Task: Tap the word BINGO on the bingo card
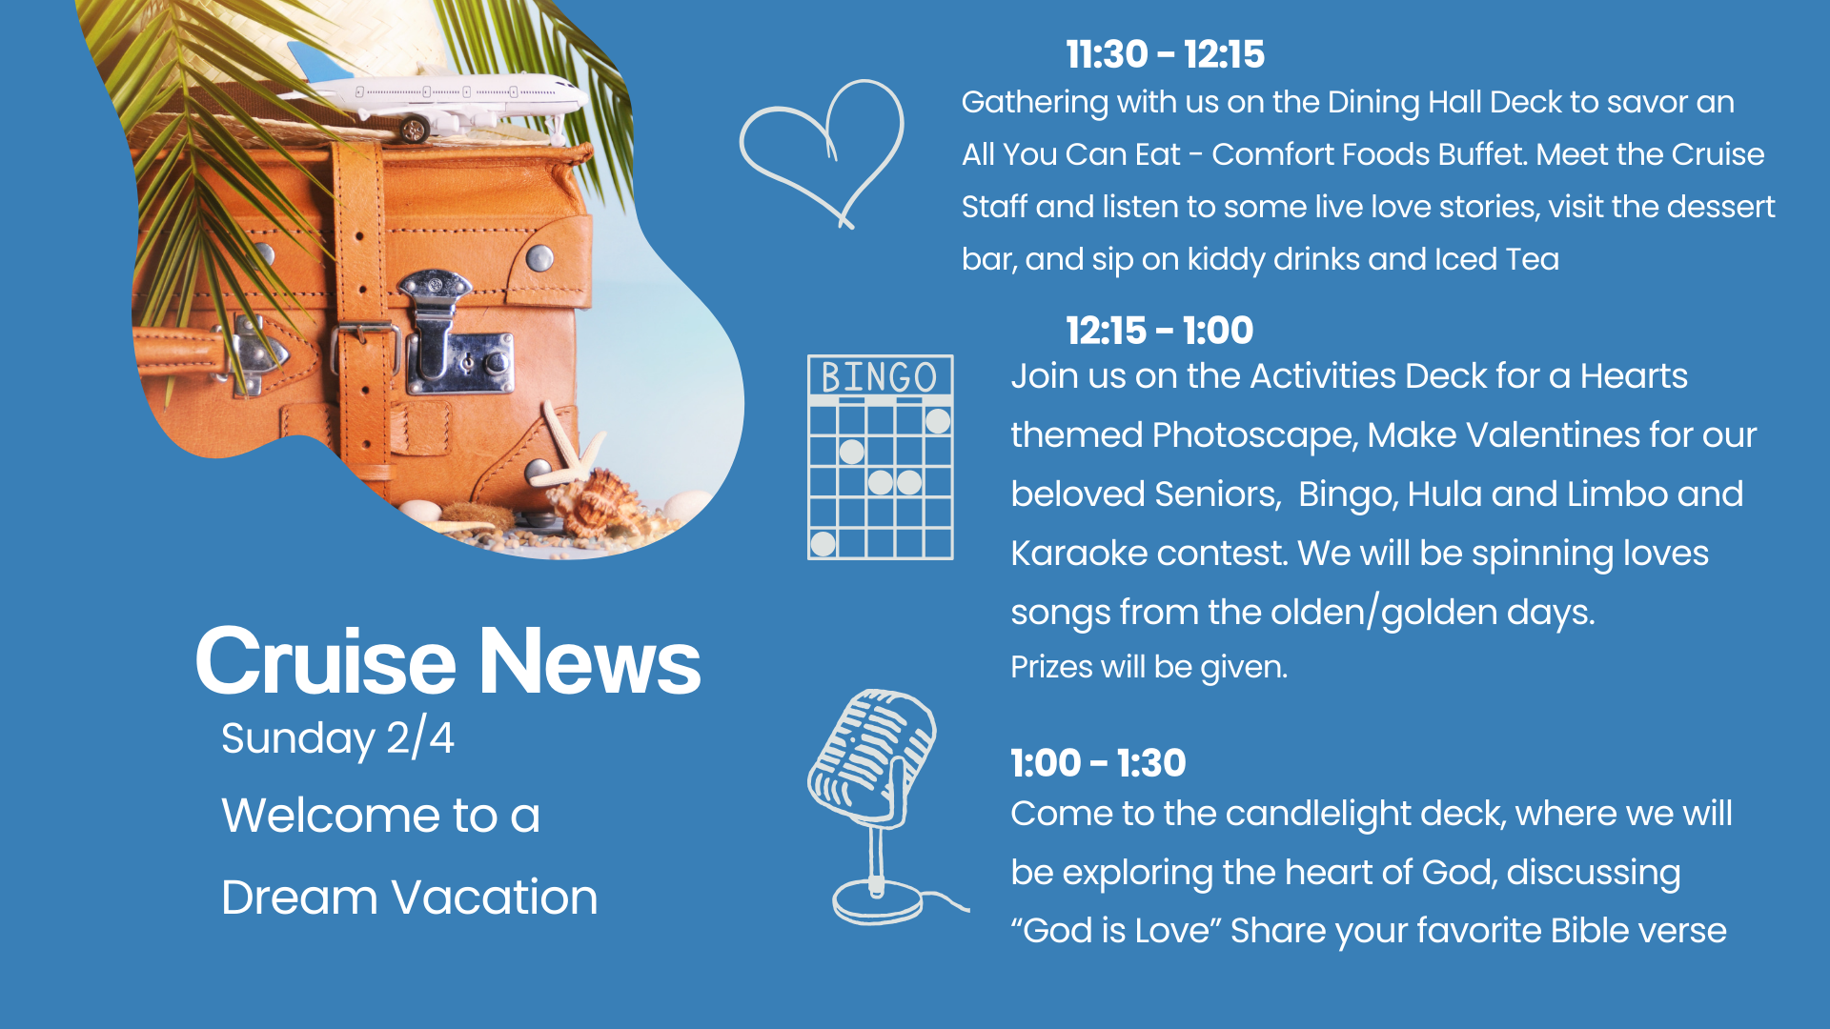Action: (x=879, y=377)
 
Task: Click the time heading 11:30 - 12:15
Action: (x=1165, y=54)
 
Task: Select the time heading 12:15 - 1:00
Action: (x=1159, y=331)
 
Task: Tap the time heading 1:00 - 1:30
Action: (x=1098, y=763)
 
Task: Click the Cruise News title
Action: (x=448, y=661)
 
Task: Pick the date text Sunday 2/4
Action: (x=337, y=738)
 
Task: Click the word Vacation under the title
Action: (x=496, y=898)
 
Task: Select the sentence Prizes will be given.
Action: (x=1149, y=667)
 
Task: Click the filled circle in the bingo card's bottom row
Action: (x=823, y=544)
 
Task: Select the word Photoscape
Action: (x=1254, y=435)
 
